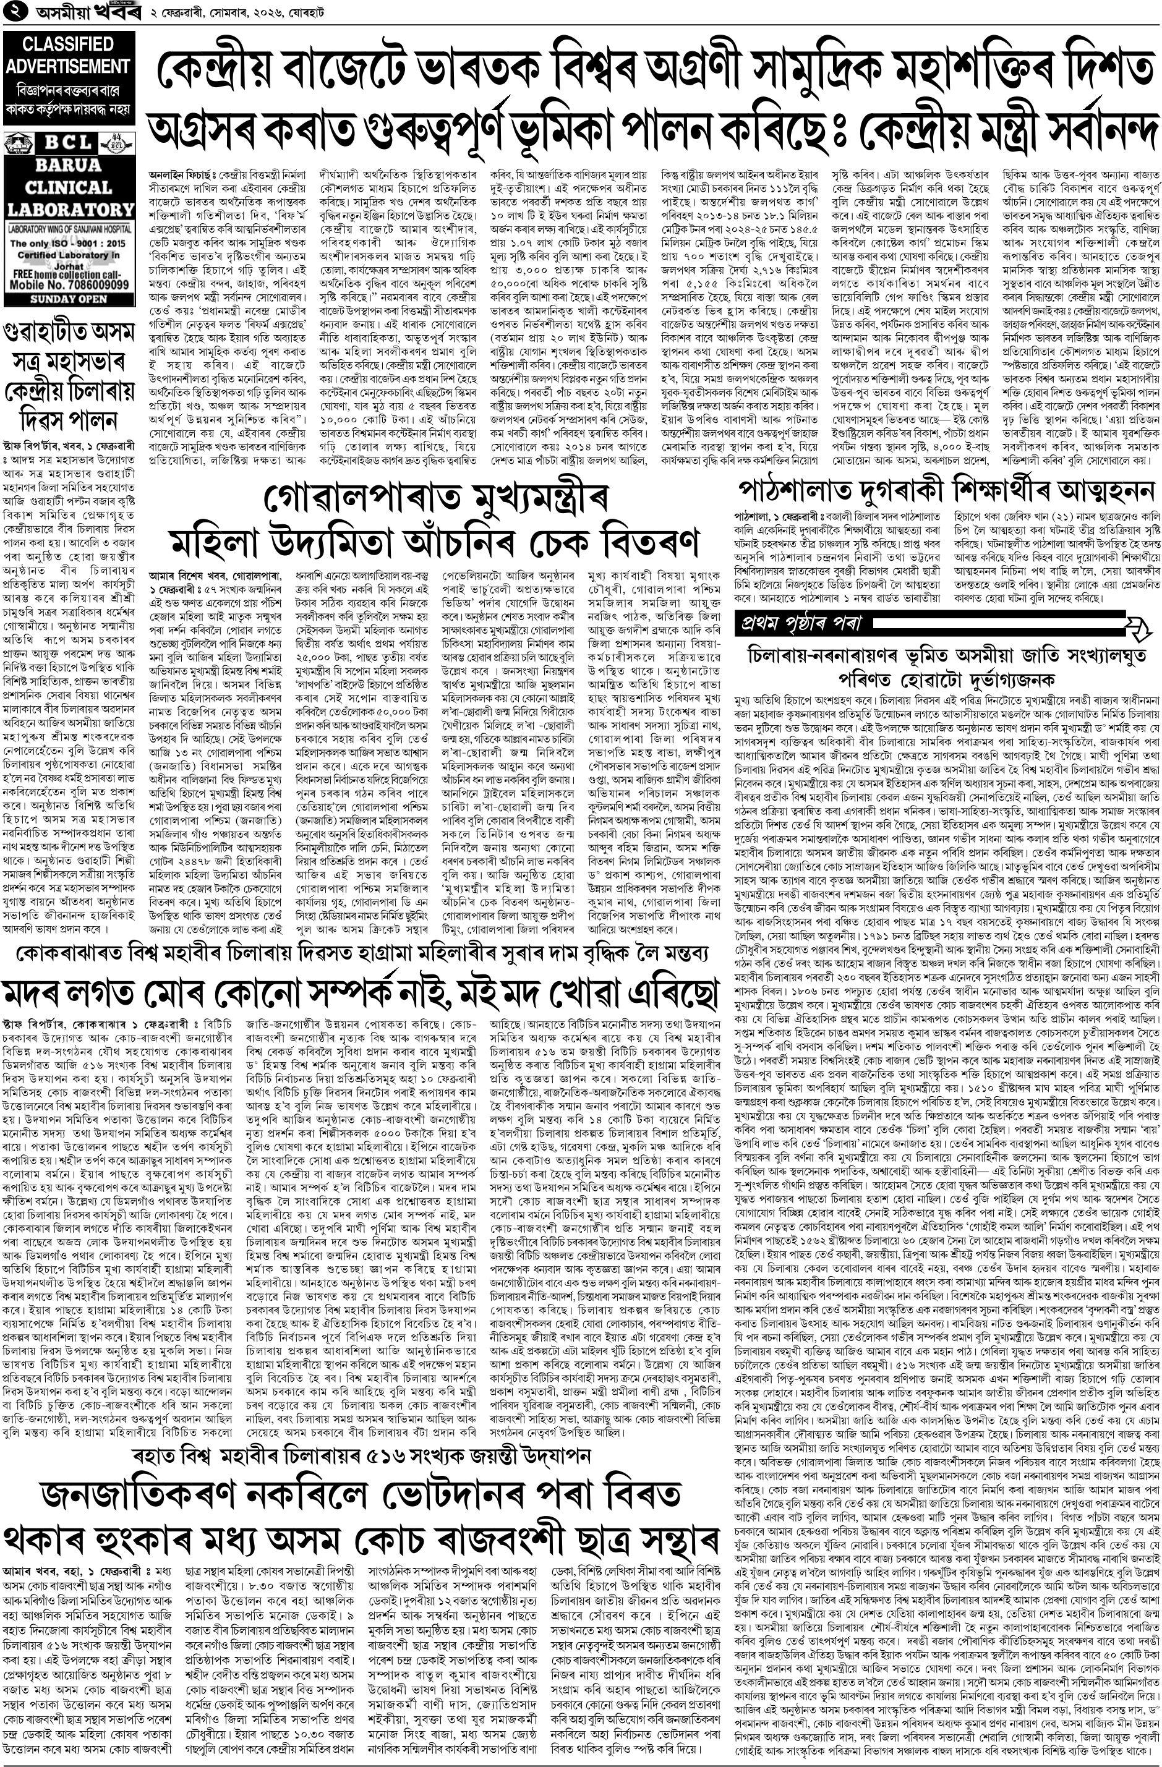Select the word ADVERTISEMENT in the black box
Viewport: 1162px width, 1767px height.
click(67, 66)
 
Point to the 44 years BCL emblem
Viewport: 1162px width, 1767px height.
click(114, 142)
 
